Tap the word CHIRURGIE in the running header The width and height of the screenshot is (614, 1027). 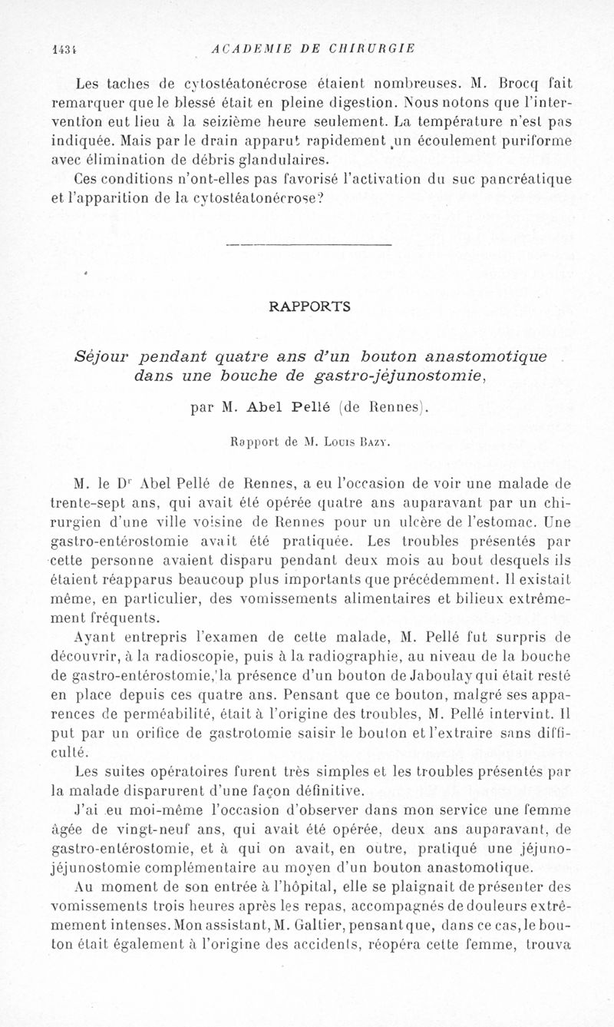click(372, 48)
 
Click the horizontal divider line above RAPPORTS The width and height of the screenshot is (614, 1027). click(306, 244)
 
